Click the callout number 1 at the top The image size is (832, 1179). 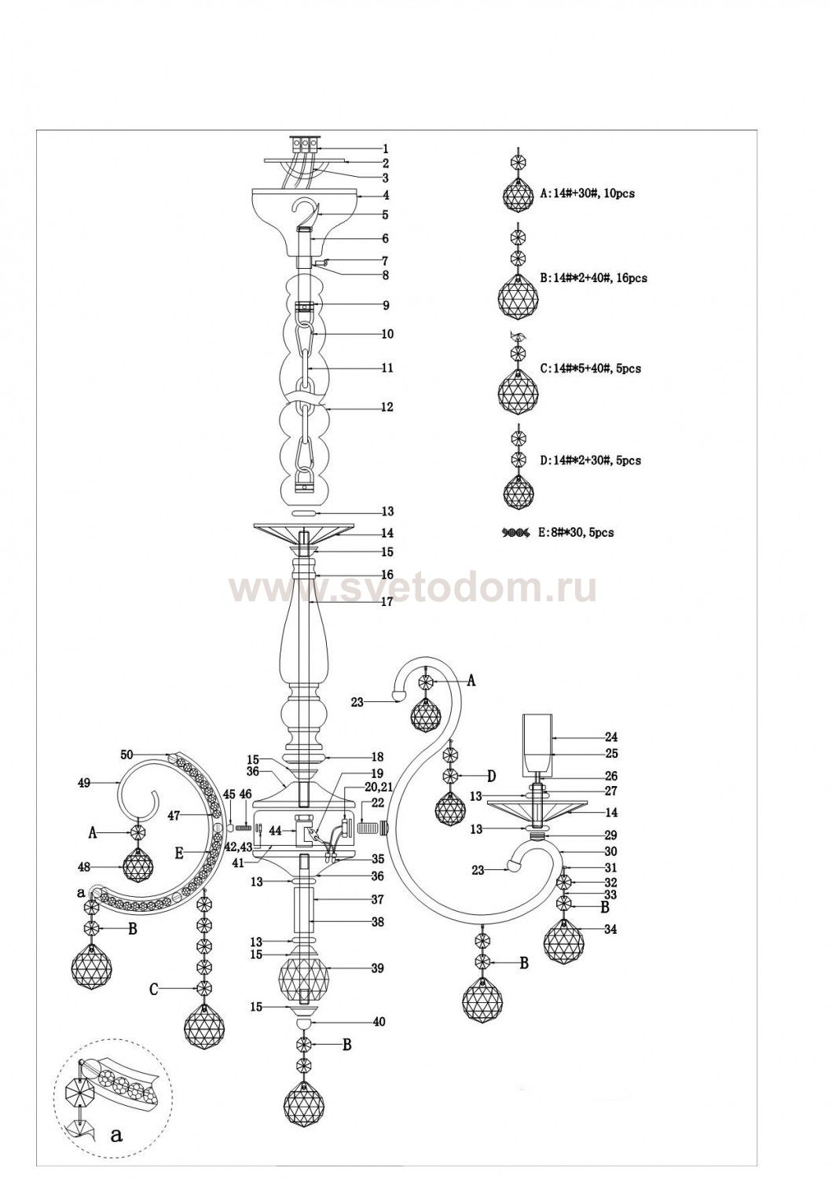[x=386, y=148]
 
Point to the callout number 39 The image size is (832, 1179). [x=378, y=968]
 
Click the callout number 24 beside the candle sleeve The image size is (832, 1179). [x=611, y=737]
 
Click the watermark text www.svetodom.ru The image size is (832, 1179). [x=412, y=589]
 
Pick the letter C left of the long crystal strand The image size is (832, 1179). [x=154, y=990]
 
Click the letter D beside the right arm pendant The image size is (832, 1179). [x=490, y=777]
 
